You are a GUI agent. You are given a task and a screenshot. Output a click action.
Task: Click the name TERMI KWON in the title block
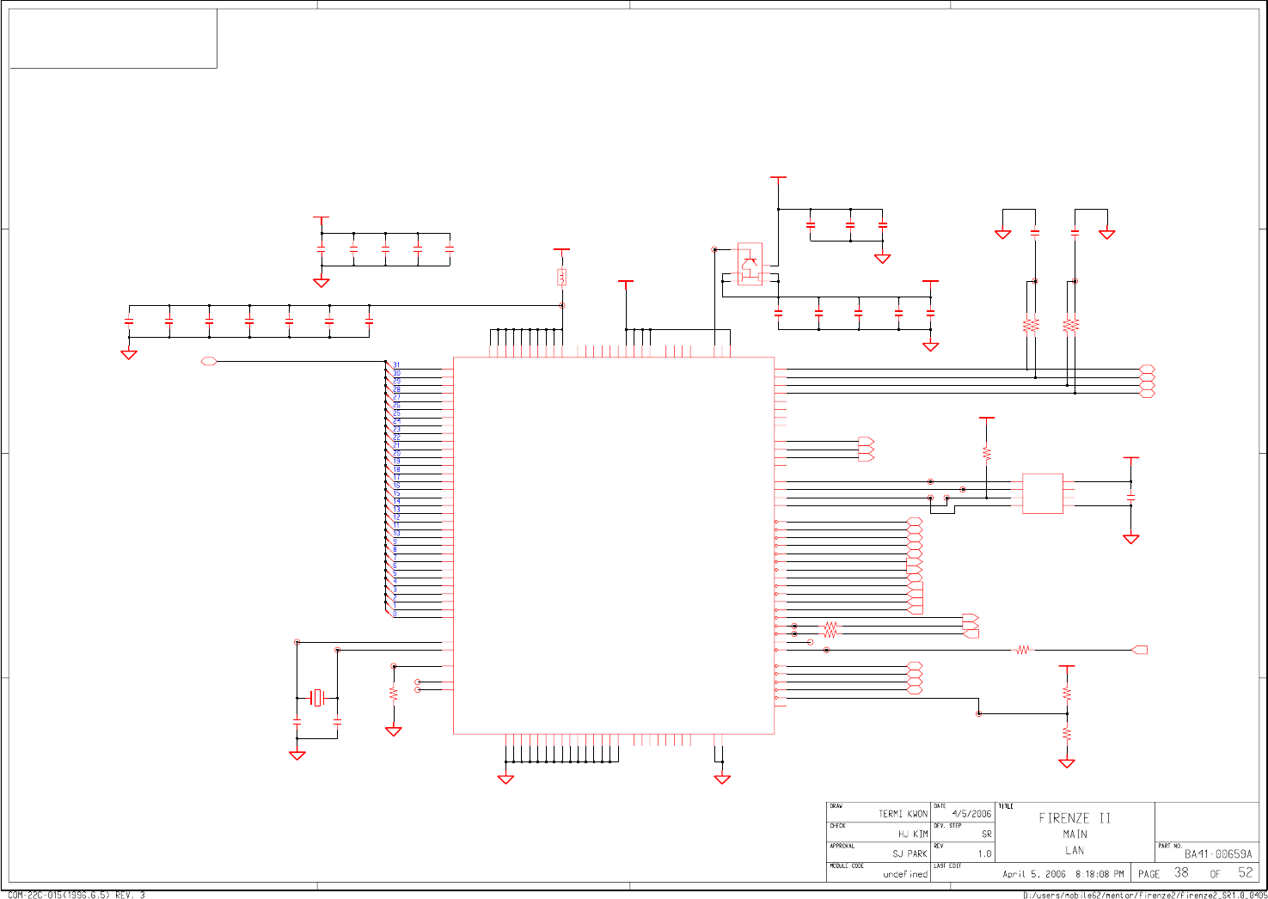click(x=903, y=813)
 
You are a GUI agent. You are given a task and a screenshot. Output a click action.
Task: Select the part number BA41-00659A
click(x=1218, y=853)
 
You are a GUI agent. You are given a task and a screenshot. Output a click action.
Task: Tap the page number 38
click(x=1182, y=872)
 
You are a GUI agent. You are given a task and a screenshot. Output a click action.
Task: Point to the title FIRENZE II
click(x=1075, y=818)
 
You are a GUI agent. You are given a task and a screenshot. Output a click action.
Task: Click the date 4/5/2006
click(x=971, y=813)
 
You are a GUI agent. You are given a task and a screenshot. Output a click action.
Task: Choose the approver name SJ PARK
click(x=910, y=853)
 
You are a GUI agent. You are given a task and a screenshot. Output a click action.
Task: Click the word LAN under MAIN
click(x=1075, y=850)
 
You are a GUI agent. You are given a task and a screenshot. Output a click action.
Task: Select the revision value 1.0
click(x=984, y=853)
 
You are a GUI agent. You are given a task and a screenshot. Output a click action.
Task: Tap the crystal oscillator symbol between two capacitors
click(x=318, y=697)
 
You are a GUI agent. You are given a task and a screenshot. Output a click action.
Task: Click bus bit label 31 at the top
click(x=396, y=364)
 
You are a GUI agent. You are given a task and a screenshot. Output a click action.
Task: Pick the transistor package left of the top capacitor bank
click(x=750, y=264)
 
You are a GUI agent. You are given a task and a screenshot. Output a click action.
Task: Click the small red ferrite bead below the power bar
click(x=561, y=277)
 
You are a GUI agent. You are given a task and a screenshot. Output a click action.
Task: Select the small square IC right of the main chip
click(x=1043, y=493)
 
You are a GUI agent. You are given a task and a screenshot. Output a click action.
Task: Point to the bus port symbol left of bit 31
click(x=209, y=362)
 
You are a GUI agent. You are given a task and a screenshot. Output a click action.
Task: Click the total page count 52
click(x=1246, y=872)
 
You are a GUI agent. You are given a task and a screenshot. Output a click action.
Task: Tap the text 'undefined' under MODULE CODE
click(x=905, y=874)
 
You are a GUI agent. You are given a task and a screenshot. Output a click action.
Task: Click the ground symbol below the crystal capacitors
click(x=297, y=755)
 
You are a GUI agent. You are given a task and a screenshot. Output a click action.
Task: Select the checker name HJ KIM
click(x=913, y=834)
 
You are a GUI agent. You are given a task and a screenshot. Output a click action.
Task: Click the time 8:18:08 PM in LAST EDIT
click(x=1100, y=874)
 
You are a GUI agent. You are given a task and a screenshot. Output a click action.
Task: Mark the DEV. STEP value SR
click(x=986, y=834)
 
